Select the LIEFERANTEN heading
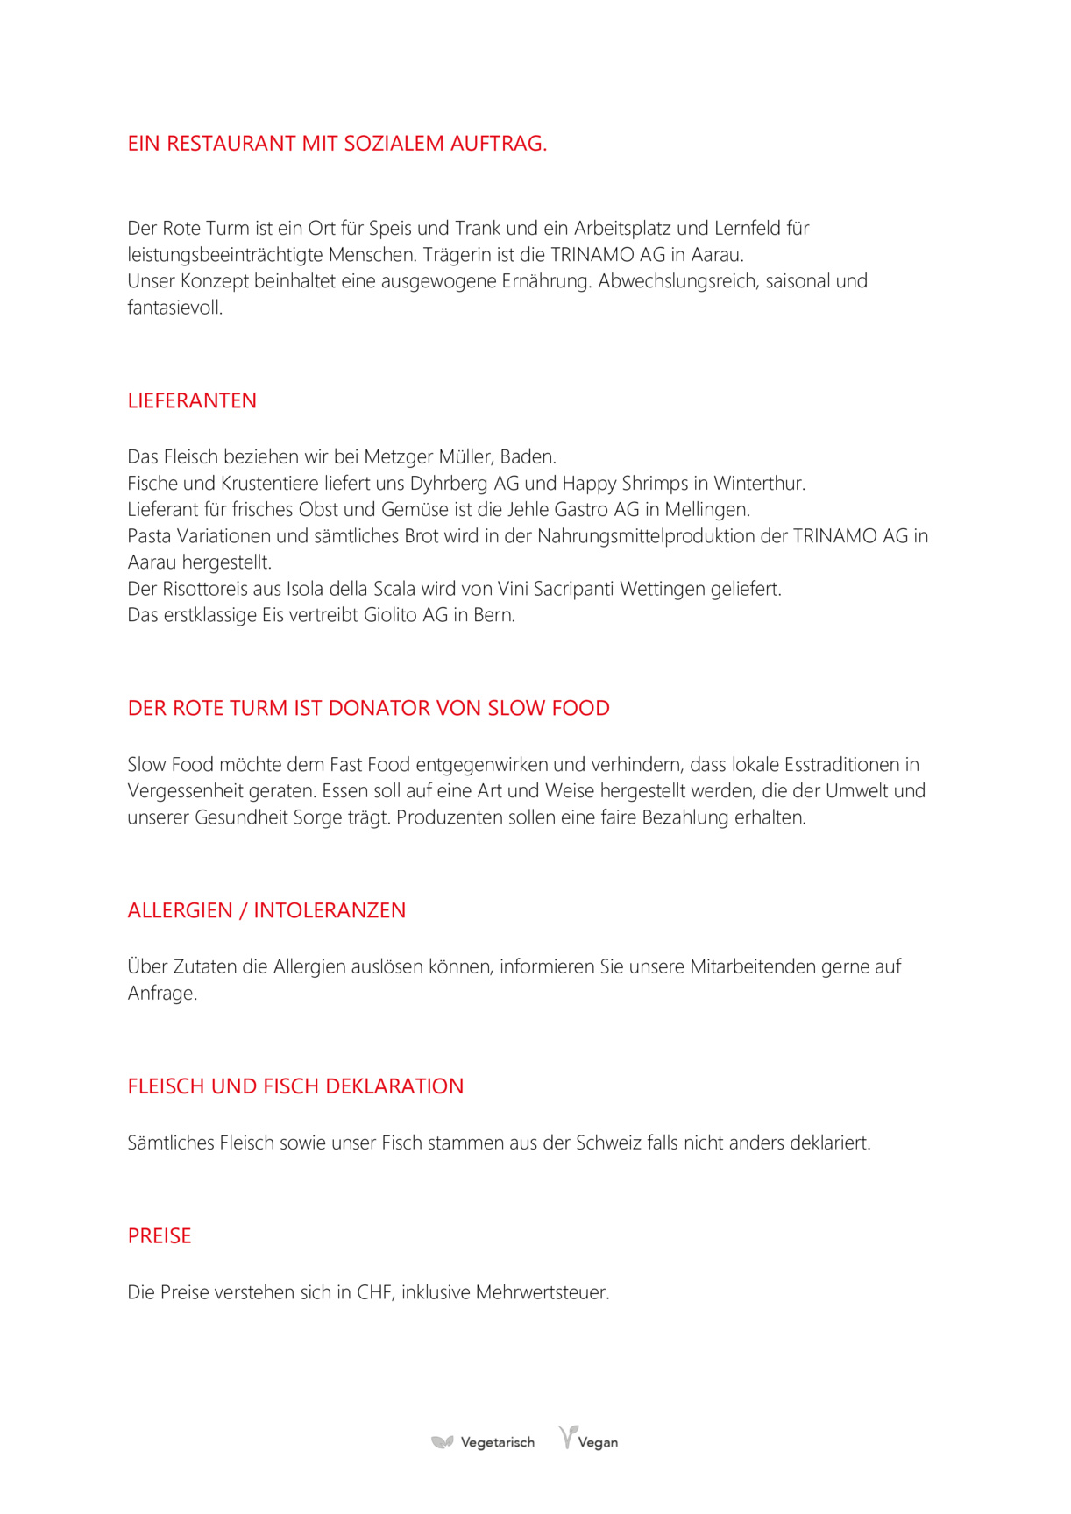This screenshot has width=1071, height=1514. coord(192,400)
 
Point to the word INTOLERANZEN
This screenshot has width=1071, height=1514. coord(330,910)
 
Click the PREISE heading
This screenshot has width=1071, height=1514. coord(160,1235)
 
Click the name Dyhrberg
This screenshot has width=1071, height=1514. coord(449,484)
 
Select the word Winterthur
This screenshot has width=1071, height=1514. coord(758,484)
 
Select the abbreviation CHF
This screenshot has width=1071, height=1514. coord(375,1292)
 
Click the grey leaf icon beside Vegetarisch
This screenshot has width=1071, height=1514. coord(443,1442)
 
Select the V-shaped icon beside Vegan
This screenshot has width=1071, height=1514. coord(568,1437)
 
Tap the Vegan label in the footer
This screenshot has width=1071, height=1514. coord(598,1442)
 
